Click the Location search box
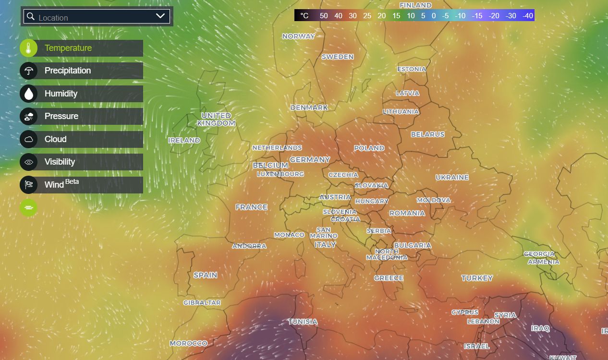(91, 17)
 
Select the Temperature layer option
(68, 48)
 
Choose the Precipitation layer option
(68, 71)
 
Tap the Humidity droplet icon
(29, 94)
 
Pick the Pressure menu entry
(61, 116)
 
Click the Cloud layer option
(56, 139)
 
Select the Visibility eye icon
(29, 162)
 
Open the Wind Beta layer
(61, 184)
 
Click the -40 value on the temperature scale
(527, 16)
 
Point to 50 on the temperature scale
(324, 16)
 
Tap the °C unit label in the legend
(304, 16)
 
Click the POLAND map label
(369, 148)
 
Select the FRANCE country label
(251, 207)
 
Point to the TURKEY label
(477, 278)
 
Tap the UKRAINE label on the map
(452, 178)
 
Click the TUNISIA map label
(303, 322)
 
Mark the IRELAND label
(184, 141)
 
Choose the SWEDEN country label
(338, 57)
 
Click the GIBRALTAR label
(202, 303)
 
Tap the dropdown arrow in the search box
(160, 16)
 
